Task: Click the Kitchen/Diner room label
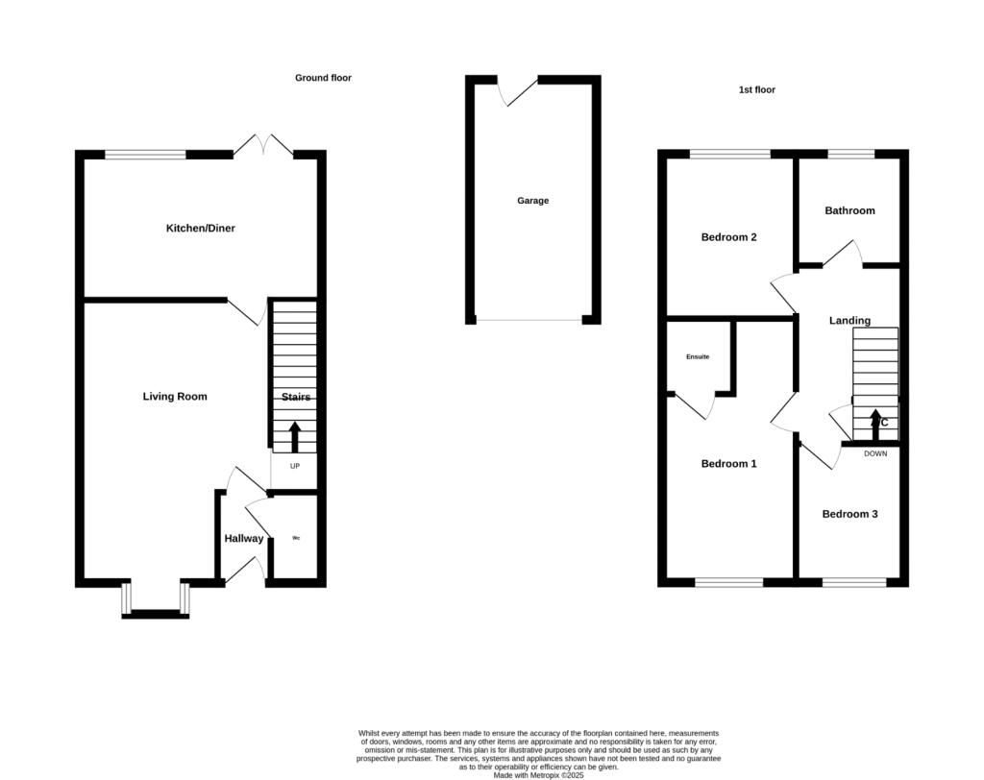click(x=200, y=229)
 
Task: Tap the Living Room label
click(x=175, y=397)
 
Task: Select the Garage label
click(x=533, y=201)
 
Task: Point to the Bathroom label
click(x=849, y=210)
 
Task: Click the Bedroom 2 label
click(x=728, y=237)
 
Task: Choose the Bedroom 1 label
click(x=728, y=464)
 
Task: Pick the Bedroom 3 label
click(x=849, y=514)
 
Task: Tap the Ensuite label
click(x=698, y=357)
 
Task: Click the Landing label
click(x=849, y=321)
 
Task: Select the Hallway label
click(x=244, y=539)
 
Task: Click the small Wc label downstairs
click(x=296, y=538)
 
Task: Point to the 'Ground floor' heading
click(x=323, y=78)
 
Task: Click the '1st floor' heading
click(x=756, y=90)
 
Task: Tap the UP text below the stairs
click(x=295, y=467)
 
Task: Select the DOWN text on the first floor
click(x=875, y=453)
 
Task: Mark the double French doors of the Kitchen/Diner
click(x=262, y=149)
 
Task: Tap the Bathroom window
click(x=851, y=154)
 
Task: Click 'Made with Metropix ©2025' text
click(x=538, y=775)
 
